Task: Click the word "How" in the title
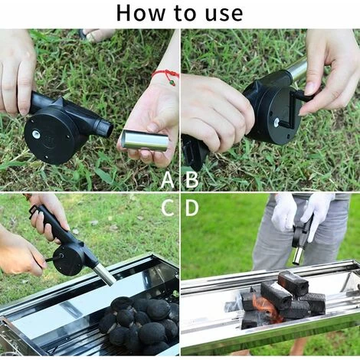pos(141,13)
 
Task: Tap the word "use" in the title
pos(223,13)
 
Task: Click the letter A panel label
pos(168,181)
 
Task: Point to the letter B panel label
pos(191,181)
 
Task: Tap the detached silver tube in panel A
pos(143,139)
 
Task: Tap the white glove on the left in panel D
pos(285,210)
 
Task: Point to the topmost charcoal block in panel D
pos(293,282)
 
